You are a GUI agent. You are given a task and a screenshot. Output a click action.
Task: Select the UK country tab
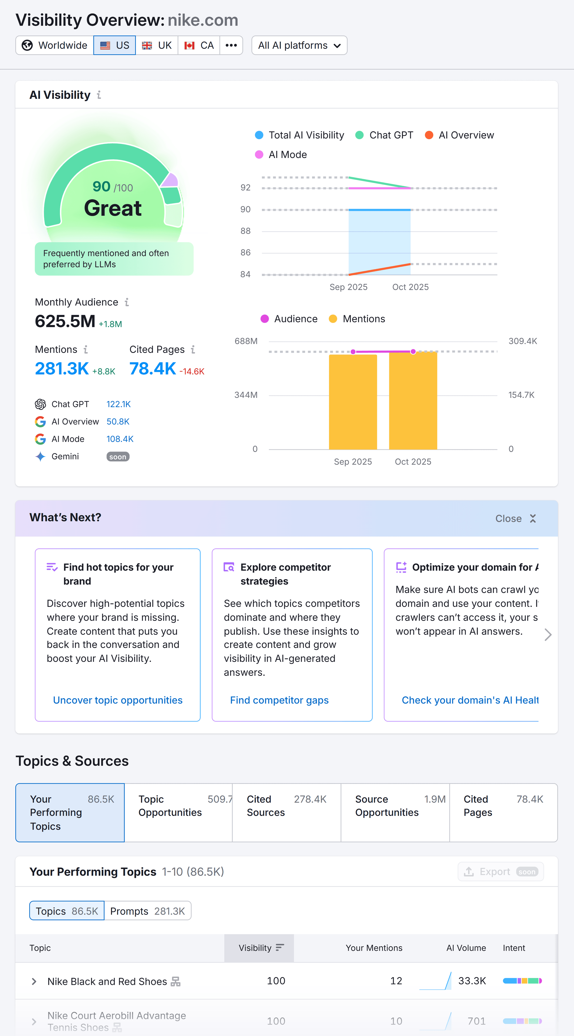tap(157, 45)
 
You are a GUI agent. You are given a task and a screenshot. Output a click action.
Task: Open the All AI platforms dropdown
tap(299, 45)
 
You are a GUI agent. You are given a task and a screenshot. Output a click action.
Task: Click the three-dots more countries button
tap(231, 45)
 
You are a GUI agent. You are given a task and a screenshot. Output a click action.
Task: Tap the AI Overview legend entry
tap(460, 135)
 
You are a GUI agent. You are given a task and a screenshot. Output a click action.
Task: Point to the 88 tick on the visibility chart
tap(245, 231)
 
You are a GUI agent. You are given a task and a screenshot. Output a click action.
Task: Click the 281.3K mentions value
tap(62, 368)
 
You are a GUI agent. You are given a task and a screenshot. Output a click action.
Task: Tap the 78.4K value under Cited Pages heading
tap(152, 368)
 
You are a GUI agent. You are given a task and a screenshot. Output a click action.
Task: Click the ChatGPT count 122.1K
tap(118, 404)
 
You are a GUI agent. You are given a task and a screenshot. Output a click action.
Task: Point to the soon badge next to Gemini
tap(118, 457)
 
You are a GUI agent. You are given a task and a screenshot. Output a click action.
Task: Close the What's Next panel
tap(516, 518)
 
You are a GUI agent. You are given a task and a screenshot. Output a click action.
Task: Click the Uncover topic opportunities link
tap(118, 700)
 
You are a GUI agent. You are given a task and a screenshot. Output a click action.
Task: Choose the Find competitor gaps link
tap(279, 700)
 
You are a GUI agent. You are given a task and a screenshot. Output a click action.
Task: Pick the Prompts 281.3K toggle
tap(147, 911)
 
